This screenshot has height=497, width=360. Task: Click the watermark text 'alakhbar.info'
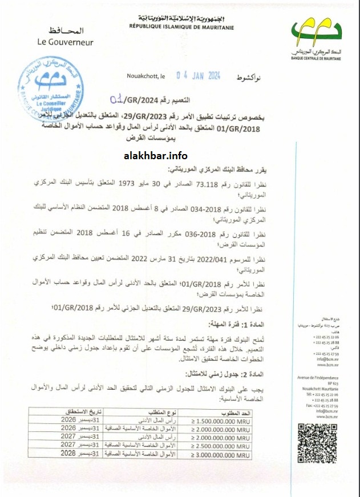pos(155,156)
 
